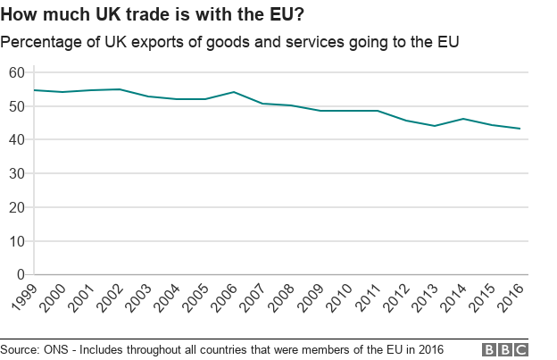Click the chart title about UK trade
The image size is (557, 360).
click(x=153, y=15)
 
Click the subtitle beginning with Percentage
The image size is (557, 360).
click(x=229, y=41)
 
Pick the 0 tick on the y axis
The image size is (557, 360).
click(x=21, y=275)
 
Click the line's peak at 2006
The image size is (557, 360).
click(x=233, y=92)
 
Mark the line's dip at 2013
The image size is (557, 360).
click(x=435, y=126)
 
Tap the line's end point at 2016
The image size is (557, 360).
click(x=520, y=129)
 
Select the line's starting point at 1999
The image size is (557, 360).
click(x=34, y=90)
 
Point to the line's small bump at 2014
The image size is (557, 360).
click(x=463, y=119)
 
